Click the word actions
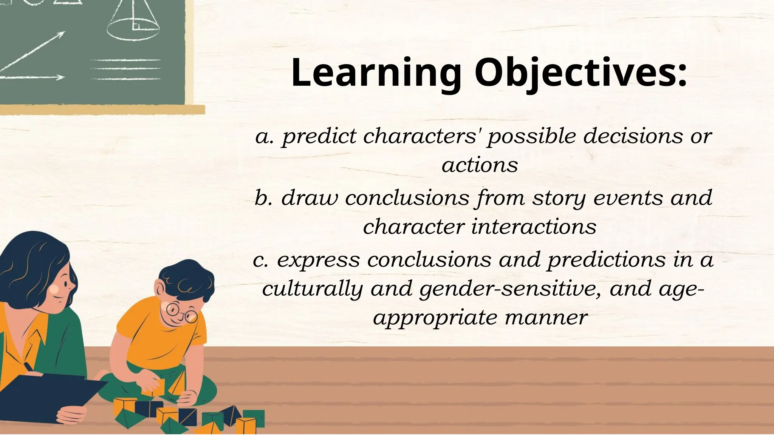click(480, 165)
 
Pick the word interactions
click(534, 227)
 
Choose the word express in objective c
click(318, 260)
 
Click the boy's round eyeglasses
click(181, 312)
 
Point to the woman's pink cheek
click(54, 290)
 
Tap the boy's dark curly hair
click(187, 279)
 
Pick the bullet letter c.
click(260, 260)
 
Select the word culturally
click(312, 289)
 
